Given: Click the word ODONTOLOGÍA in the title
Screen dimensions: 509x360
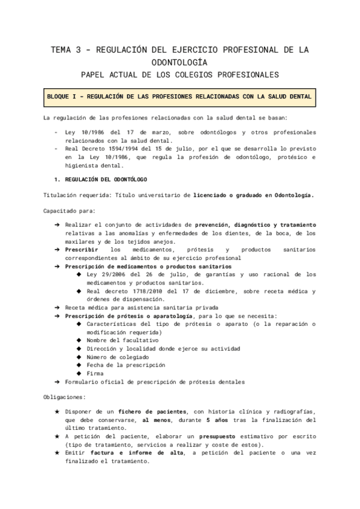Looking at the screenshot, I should pos(179,62).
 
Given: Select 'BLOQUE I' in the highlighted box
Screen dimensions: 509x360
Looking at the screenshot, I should pos(64,97).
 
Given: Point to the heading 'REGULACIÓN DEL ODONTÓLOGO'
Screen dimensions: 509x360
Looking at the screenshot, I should pos(104,179).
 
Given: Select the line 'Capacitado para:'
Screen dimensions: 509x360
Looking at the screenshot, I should pos(65,211).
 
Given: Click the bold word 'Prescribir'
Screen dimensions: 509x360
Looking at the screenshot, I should pos(82,249).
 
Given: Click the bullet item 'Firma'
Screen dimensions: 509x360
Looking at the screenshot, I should pos(95,373).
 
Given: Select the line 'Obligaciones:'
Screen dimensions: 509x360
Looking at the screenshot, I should pos(64,397).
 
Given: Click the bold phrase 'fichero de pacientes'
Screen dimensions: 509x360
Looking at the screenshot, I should pos(152,412).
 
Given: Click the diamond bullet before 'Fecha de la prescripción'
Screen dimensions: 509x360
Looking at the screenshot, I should pos(80,365).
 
